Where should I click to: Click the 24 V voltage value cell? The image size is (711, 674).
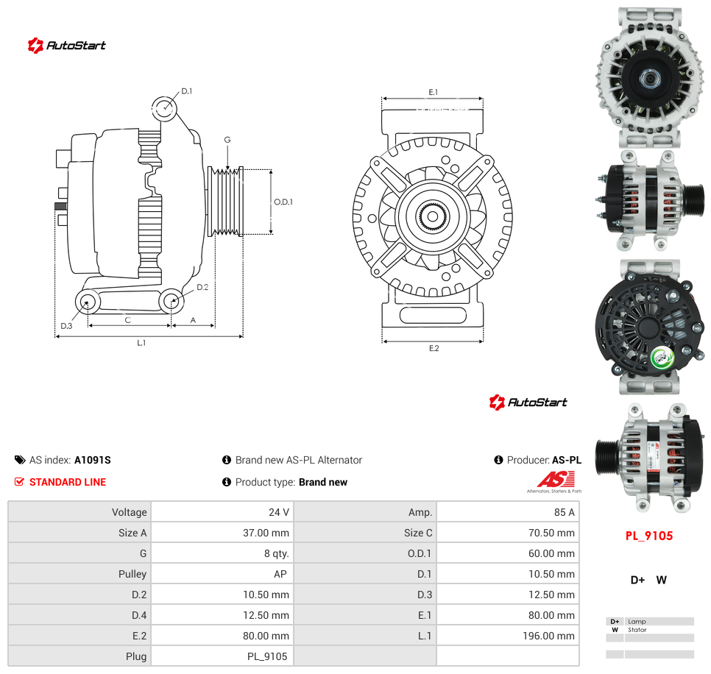tap(278, 512)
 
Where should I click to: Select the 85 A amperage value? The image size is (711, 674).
tap(564, 512)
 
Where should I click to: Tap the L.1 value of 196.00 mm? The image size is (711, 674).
tap(548, 636)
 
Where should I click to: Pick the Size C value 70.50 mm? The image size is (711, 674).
tap(551, 533)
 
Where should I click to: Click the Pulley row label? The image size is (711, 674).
tap(132, 574)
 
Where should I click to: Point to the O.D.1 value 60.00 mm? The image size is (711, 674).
tap(551, 553)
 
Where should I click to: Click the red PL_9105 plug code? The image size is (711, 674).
tap(649, 536)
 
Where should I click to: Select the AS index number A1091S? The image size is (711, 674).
tap(93, 460)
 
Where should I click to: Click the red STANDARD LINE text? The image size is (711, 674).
tap(68, 482)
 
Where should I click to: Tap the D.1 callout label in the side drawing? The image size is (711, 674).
tap(187, 91)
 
